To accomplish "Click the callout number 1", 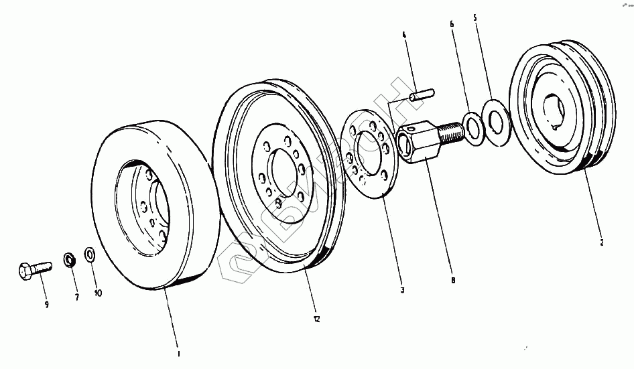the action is coord(179,352).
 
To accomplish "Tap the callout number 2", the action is coord(601,242).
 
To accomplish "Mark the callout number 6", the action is coord(452,23).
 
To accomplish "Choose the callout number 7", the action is coord(76,297).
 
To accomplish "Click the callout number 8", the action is coord(453,280).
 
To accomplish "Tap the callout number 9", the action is coord(47,305).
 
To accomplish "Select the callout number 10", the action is coord(98,293).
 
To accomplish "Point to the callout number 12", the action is coord(316,319).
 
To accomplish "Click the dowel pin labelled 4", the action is coord(422,93).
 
